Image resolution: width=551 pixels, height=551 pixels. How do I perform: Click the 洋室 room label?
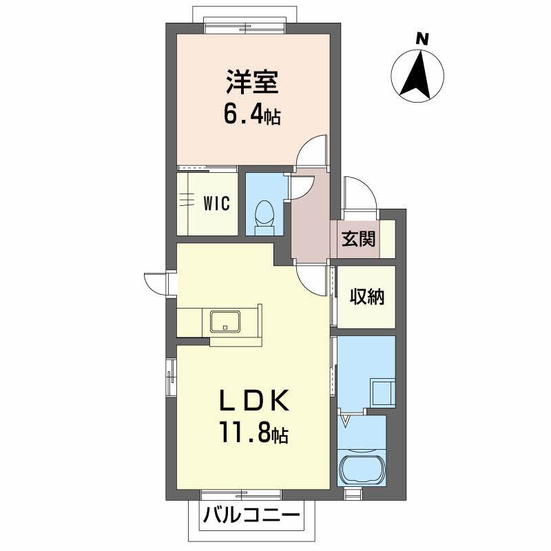[251, 83]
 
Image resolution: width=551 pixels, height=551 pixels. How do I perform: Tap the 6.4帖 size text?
[251, 114]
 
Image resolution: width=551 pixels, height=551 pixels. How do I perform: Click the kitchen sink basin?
[225, 322]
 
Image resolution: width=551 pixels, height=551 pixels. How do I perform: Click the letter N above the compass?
[423, 39]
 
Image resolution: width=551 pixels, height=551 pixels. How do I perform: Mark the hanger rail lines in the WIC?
[186, 200]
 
